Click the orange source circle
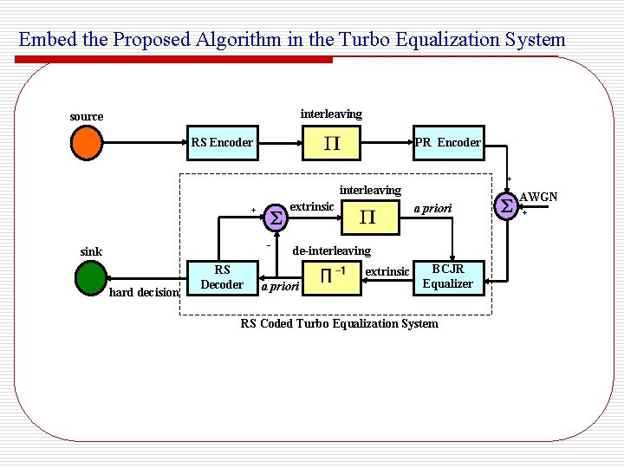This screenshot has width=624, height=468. click(x=85, y=143)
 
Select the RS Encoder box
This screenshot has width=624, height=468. click(x=222, y=142)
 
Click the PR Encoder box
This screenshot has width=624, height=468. click(x=447, y=142)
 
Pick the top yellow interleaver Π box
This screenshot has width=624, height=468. click(x=331, y=143)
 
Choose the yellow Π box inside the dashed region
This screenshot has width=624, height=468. click(x=368, y=217)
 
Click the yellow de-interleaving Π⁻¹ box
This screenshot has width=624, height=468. click(x=334, y=276)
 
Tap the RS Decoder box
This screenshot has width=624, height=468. click(x=223, y=276)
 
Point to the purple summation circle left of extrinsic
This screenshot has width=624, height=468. click(x=275, y=216)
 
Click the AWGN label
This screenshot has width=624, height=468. click(x=538, y=198)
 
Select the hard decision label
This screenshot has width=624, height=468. click(x=144, y=292)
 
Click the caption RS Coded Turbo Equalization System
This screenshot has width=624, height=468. click(x=339, y=324)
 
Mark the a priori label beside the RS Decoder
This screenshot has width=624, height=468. click(x=280, y=286)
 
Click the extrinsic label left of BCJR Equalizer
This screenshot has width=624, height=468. click(x=387, y=272)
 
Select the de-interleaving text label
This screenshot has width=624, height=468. click(x=331, y=250)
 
